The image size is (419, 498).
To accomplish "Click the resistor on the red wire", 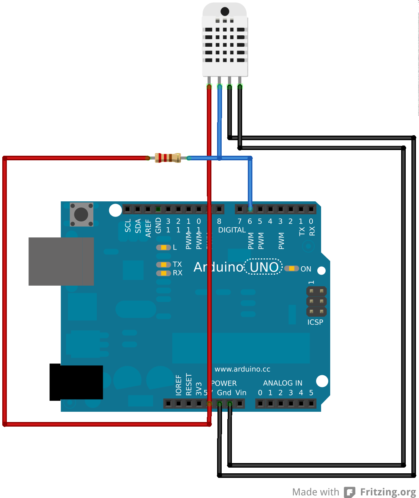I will [168, 158].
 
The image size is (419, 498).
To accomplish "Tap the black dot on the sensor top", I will [225, 11].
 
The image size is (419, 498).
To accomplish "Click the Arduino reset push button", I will [81, 214].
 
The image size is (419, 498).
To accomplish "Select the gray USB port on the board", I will [61, 261].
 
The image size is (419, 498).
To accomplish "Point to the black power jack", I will [76, 382].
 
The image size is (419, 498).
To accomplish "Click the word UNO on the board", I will [264, 267].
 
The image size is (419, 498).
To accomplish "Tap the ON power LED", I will [291, 269].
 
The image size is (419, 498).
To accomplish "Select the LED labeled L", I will [164, 247].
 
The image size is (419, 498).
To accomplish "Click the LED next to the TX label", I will [164, 264].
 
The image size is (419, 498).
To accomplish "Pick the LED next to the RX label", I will [164, 273].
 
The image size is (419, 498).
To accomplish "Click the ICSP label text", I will [315, 322].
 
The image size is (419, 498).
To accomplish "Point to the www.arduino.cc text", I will [242, 369].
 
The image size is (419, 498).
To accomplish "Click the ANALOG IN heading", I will [282, 383].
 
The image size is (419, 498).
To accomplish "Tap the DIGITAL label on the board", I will [232, 230].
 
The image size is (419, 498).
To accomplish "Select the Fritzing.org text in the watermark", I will [388, 492].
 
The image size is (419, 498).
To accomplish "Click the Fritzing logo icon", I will [350, 492].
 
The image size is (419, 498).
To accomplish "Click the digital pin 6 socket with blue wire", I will [250, 209].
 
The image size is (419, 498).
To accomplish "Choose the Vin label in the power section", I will [241, 393].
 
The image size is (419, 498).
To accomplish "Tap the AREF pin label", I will [148, 228].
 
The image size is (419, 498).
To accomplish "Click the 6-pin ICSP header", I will [316, 302].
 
